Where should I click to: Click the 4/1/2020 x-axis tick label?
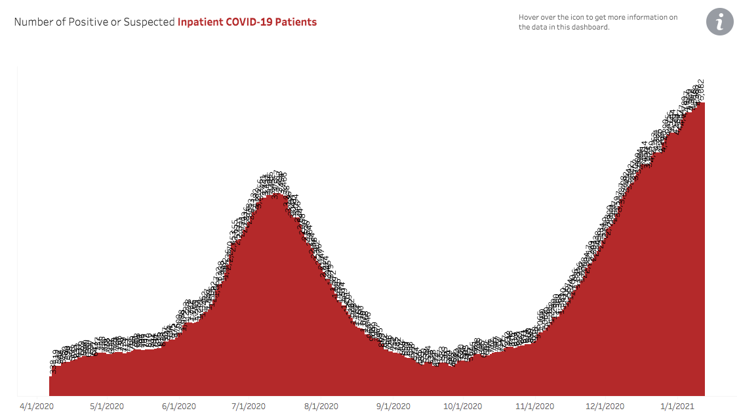coord(37,406)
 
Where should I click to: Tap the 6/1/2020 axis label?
coord(179,406)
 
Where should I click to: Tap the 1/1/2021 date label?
coord(677,406)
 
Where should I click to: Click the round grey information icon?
coord(719,22)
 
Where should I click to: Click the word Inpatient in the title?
coord(200,22)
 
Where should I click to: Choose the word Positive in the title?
coord(89,22)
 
